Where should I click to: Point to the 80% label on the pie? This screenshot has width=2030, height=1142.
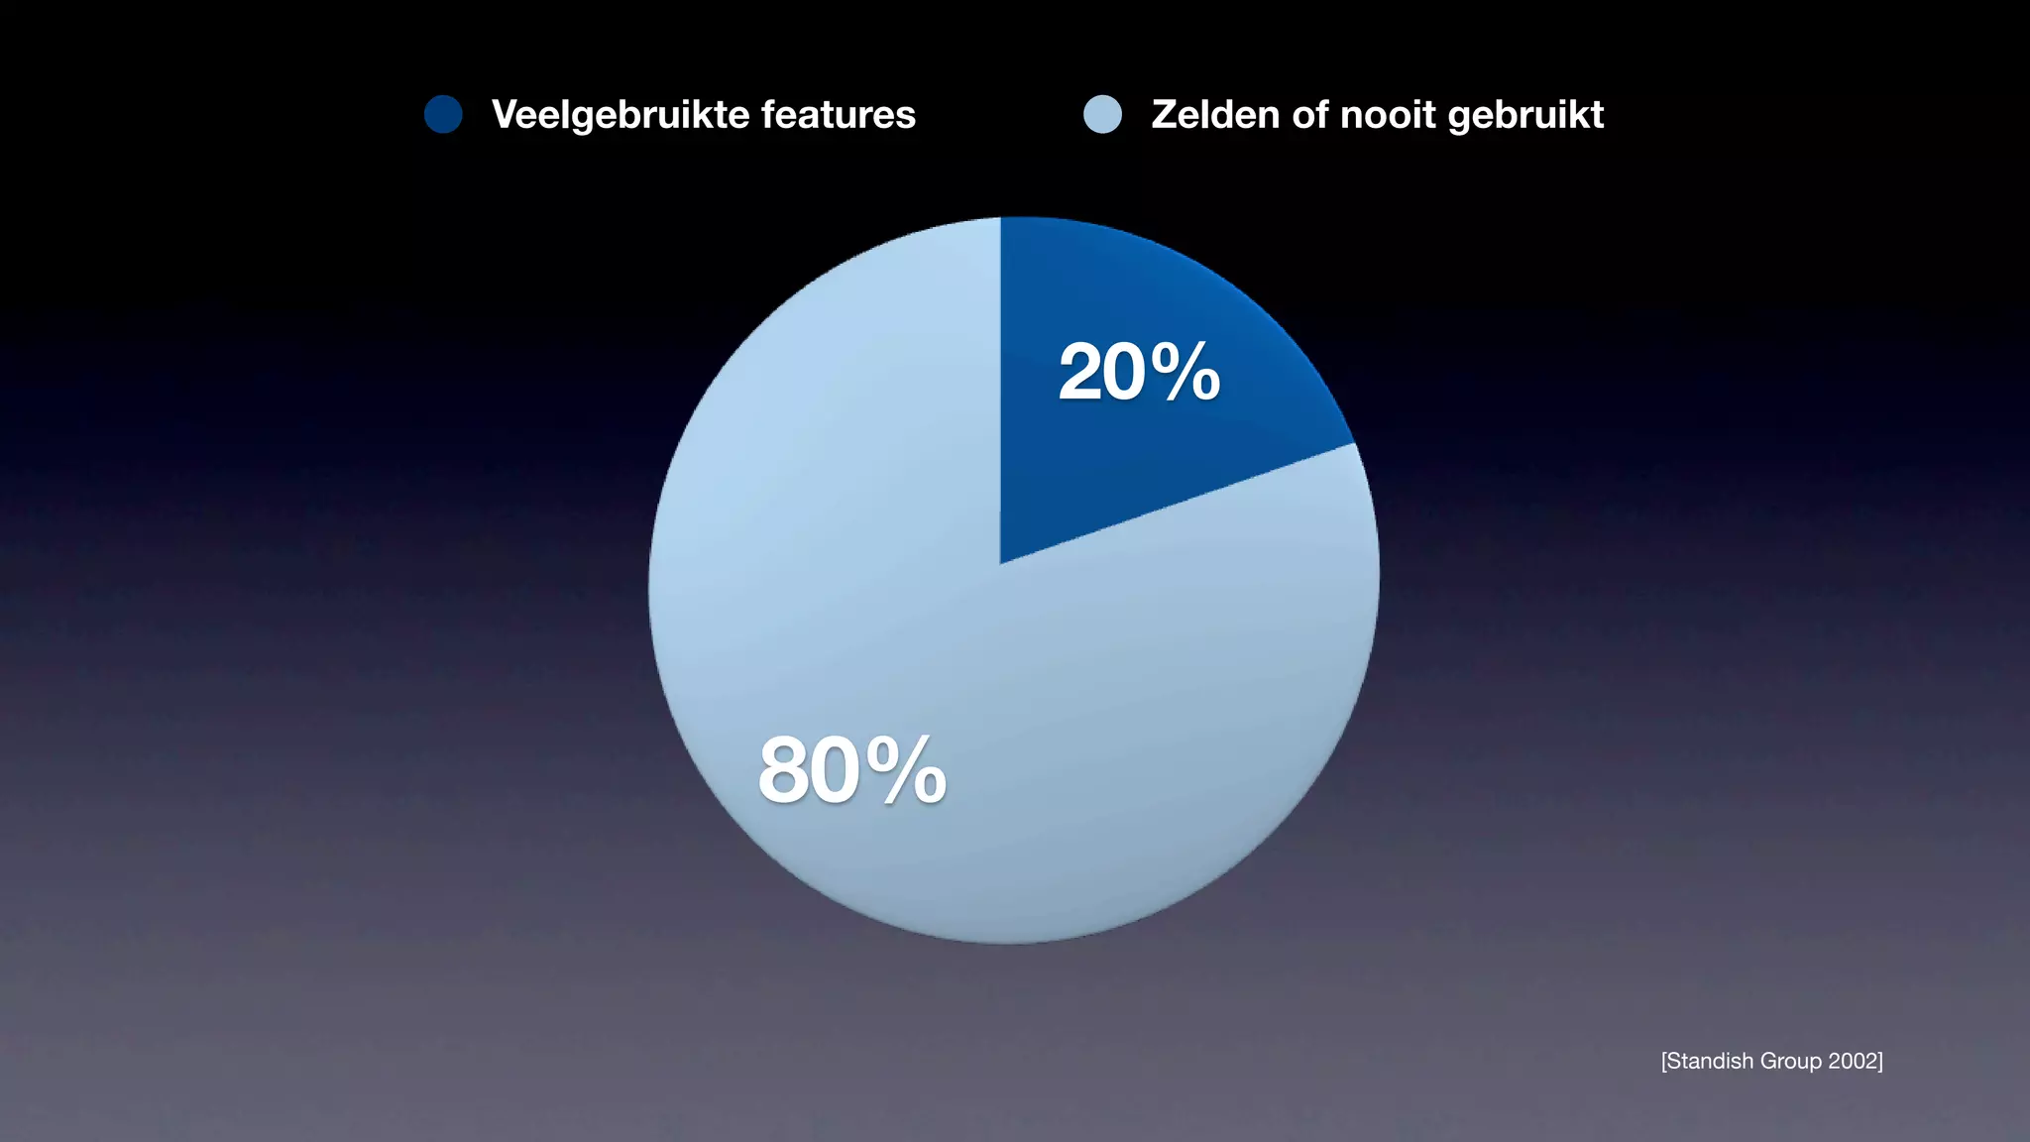(x=851, y=770)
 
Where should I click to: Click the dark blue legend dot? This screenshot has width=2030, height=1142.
(x=443, y=114)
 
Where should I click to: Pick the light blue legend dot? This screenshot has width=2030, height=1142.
(x=1102, y=114)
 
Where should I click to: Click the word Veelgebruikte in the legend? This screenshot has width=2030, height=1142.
(x=620, y=115)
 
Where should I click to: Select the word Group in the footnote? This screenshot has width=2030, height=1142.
(x=1790, y=1062)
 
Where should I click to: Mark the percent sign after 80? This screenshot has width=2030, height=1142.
(x=906, y=770)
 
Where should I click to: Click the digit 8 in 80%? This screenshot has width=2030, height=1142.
(x=783, y=770)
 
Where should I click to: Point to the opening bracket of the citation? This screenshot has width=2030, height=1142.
(x=1664, y=1061)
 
